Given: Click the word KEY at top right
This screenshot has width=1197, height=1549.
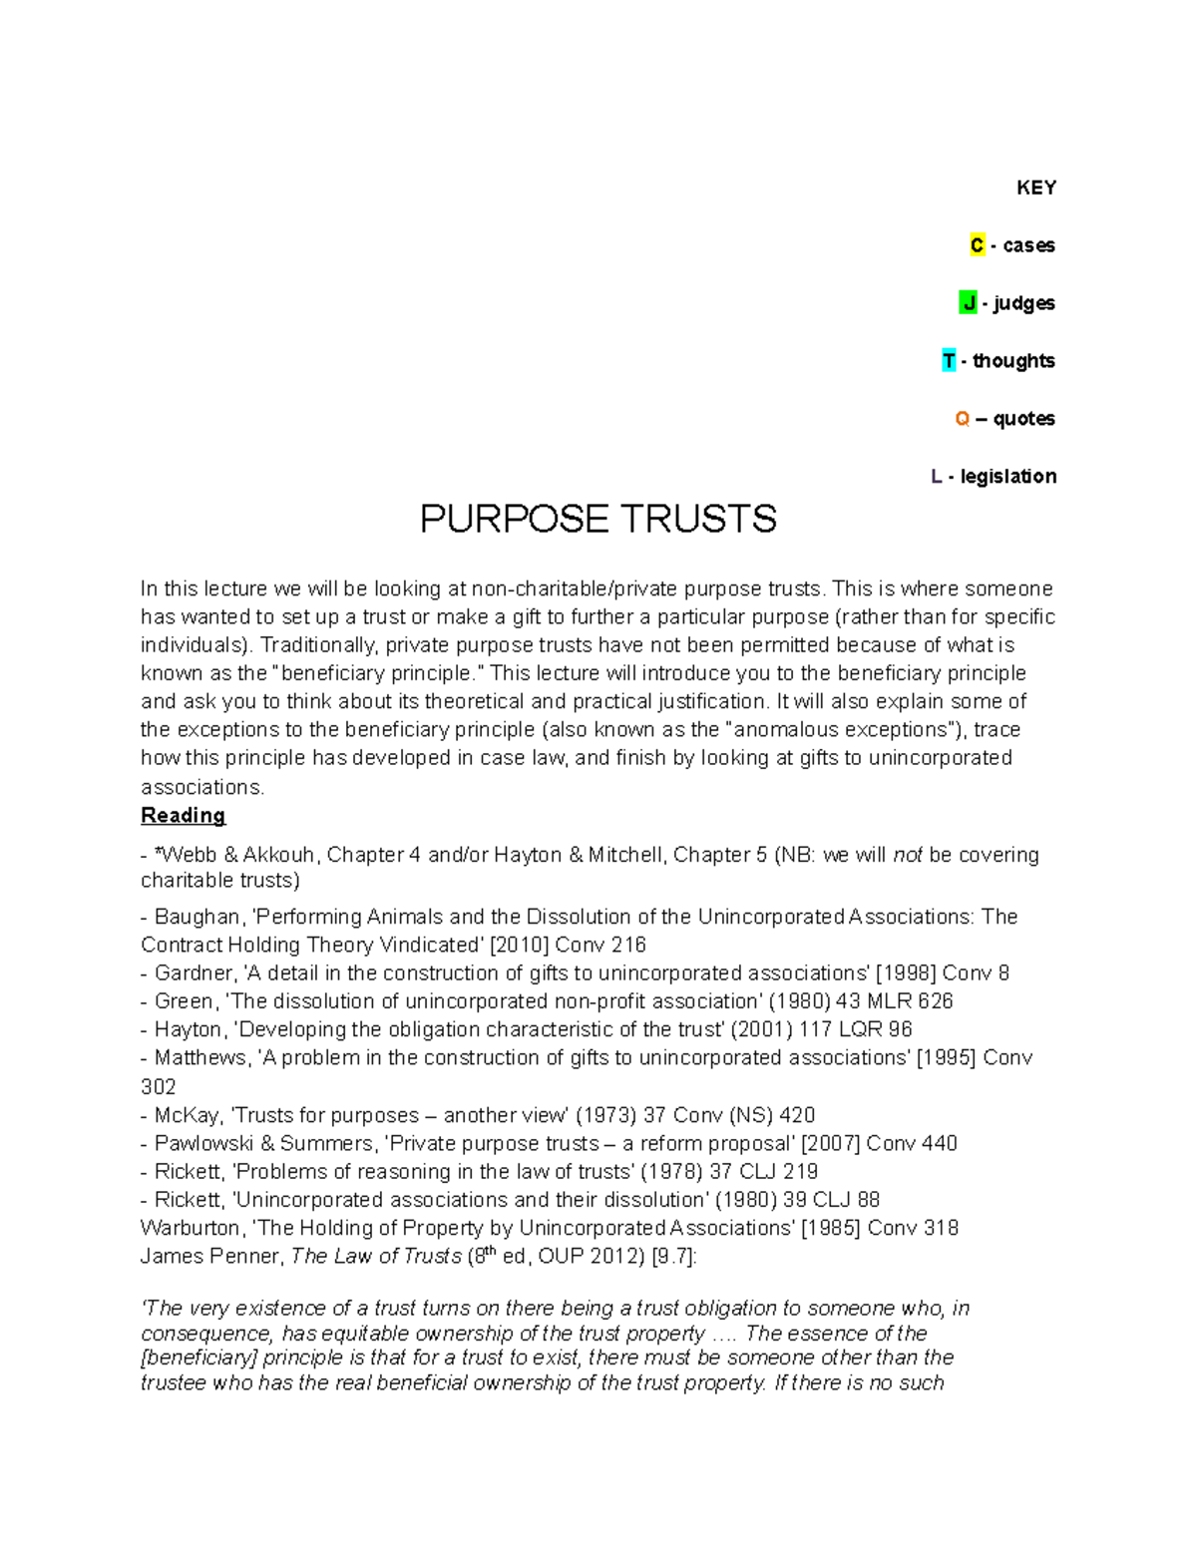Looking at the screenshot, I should click(1035, 189).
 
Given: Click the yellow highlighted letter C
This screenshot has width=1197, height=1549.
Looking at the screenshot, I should click(977, 245).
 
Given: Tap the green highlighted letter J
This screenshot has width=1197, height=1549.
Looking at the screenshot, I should click(968, 303).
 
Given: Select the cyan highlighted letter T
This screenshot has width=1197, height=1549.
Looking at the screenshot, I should click(949, 361).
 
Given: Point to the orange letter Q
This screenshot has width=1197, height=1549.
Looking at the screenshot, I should click(962, 419).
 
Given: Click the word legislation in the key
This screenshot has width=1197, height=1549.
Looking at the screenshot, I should click(1007, 477).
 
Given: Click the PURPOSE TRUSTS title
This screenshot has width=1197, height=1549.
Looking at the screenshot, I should click(598, 520).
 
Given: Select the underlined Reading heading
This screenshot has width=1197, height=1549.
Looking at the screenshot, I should click(183, 816).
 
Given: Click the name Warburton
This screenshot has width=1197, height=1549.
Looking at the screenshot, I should click(191, 1229).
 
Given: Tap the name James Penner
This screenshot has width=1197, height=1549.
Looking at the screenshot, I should click(210, 1257).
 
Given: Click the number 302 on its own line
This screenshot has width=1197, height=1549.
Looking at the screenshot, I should click(159, 1087).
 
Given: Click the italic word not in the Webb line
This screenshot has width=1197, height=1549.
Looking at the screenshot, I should click(907, 855).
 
